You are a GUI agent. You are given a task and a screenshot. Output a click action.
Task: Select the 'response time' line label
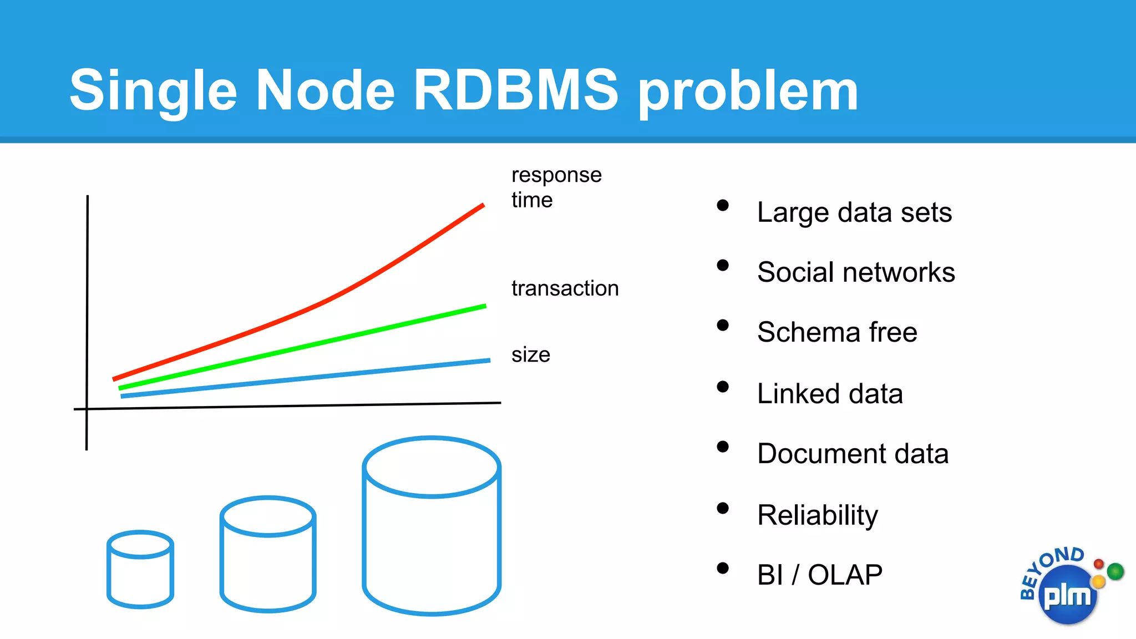[556, 187]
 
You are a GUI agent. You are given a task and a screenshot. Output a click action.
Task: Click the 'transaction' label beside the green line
[565, 288]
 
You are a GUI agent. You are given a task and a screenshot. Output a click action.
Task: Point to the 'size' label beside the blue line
[530, 354]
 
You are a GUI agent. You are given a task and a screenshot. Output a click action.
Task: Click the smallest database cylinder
[140, 570]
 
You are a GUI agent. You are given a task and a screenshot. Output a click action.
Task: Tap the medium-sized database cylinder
[268, 554]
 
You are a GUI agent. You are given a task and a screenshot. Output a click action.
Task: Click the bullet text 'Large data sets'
[854, 212]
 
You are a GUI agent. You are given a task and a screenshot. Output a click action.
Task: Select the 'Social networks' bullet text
[856, 272]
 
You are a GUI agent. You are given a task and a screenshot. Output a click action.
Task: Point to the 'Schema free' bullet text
[837, 332]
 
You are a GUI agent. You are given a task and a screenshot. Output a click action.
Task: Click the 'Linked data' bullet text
[830, 394]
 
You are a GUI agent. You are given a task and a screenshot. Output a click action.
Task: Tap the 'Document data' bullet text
[853, 454]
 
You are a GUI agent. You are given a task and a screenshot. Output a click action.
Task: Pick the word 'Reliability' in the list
[818, 515]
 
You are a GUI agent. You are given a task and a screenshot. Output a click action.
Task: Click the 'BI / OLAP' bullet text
[819, 575]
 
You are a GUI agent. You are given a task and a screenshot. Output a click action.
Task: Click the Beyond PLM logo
[1068, 588]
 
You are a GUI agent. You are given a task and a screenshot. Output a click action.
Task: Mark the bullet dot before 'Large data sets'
[722, 205]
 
